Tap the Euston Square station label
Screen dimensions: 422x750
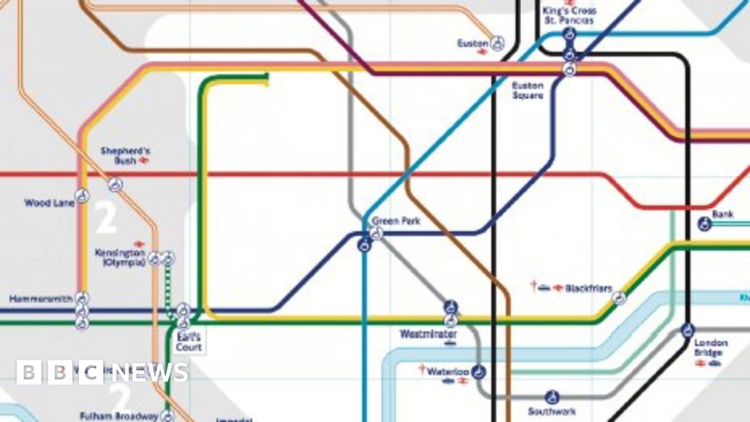(x=527, y=91)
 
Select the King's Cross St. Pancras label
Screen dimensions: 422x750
(x=569, y=16)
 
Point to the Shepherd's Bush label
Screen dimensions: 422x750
(x=117, y=156)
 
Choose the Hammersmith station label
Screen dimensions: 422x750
(x=41, y=299)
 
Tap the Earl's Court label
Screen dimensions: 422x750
(x=188, y=342)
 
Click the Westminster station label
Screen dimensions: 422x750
(x=428, y=334)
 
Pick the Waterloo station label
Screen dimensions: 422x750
(x=447, y=372)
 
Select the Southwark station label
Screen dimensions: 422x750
(x=551, y=411)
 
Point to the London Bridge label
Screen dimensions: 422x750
(x=711, y=348)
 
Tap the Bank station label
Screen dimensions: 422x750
(x=723, y=214)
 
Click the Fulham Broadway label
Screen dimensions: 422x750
(x=119, y=416)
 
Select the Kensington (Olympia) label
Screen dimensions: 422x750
(x=119, y=258)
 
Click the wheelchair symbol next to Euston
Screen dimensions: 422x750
(x=497, y=43)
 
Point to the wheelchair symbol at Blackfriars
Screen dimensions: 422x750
(x=619, y=298)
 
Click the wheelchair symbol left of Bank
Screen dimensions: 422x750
(x=705, y=223)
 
